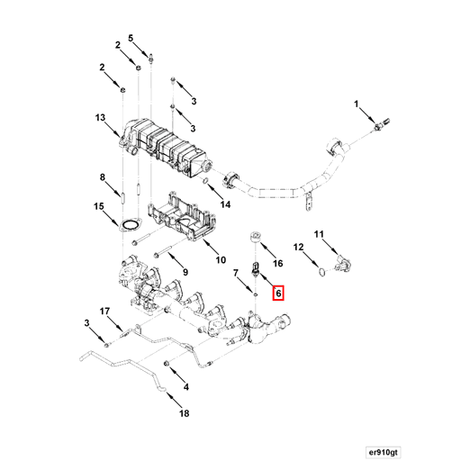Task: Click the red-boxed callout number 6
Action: (x=278, y=293)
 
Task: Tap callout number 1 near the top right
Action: (x=357, y=107)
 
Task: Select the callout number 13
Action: (x=101, y=118)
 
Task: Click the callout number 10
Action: (x=220, y=261)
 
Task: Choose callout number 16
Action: (x=278, y=263)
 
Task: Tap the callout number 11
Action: (x=318, y=236)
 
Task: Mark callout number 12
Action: (x=297, y=246)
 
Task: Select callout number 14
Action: (x=226, y=205)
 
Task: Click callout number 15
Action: (x=101, y=207)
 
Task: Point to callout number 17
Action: (x=104, y=312)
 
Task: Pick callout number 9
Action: (x=184, y=272)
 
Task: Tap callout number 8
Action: (x=103, y=176)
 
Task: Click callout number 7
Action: (x=237, y=272)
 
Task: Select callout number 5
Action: (x=131, y=38)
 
